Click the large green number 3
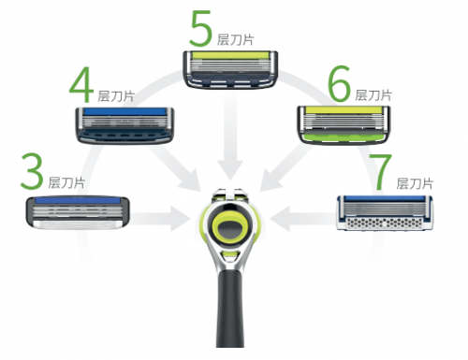tap(32, 171)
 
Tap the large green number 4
tap(81, 86)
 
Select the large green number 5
tap(200, 28)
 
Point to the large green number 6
tap(340, 83)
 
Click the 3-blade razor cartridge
tap(78, 213)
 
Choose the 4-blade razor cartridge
tap(124, 125)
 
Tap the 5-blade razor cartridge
tap(230, 69)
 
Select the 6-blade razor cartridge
tap(344, 124)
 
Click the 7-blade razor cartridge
tap(385, 213)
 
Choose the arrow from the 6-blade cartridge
tap(287, 167)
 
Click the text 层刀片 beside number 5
tap(235, 40)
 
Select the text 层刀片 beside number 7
tap(415, 183)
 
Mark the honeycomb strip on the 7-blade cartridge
tap(385, 223)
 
